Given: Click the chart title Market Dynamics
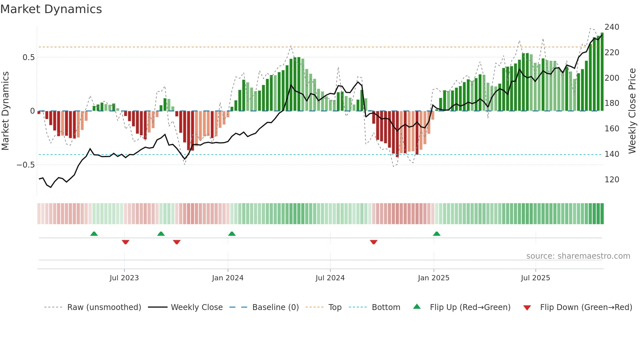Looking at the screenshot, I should click(x=51, y=9).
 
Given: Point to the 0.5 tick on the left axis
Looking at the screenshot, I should click(x=28, y=57).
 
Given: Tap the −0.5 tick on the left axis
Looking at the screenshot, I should click(x=26, y=165).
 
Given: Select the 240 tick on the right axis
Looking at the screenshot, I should click(x=612, y=27).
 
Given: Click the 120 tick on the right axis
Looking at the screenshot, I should click(x=612, y=179).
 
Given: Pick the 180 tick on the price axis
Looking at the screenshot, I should click(x=612, y=103).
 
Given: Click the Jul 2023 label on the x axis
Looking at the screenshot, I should click(x=124, y=278).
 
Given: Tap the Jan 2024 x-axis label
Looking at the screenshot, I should click(x=228, y=278).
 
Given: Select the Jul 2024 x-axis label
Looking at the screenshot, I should click(x=330, y=278).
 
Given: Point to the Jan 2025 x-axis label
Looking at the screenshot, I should click(x=433, y=278).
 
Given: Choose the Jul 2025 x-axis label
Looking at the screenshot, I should click(x=535, y=278).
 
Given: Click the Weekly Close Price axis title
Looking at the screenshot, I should click(x=632, y=111).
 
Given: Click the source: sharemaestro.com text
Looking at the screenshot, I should click(x=578, y=256).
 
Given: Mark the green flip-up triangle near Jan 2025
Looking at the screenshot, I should click(x=437, y=234).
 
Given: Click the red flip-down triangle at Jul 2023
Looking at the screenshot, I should click(x=125, y=242).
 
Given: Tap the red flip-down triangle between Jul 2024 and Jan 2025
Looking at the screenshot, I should click(x=374, y=242).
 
